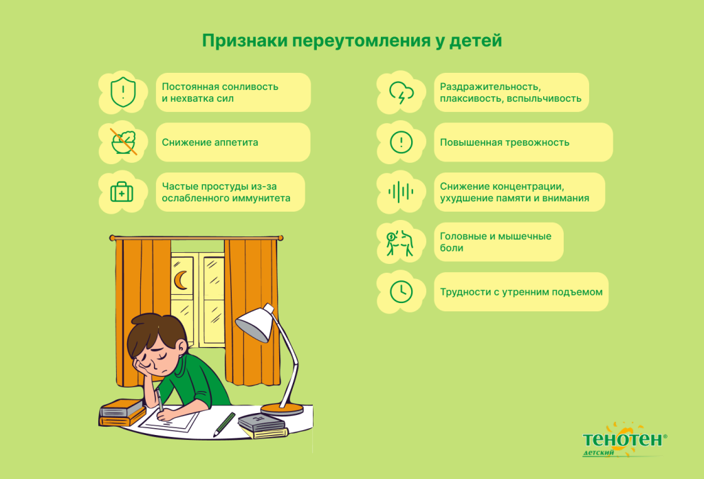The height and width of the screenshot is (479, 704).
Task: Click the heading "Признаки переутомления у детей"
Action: (x=351, y=40)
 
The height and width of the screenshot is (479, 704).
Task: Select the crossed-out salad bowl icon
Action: (x=123, y=142)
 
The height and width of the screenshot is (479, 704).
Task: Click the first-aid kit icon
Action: (x=122, y=192)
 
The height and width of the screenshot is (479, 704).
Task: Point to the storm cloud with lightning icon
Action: (x=401, y=93)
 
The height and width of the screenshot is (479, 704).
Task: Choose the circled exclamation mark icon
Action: (x=401, y=142)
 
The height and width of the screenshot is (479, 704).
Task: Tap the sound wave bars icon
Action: (x=401, y=192)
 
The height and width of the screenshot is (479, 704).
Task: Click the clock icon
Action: (x=401, y=291)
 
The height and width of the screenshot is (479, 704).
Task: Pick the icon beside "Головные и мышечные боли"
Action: (x=401, y=242)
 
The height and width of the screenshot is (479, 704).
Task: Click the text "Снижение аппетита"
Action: (x=210, y=142)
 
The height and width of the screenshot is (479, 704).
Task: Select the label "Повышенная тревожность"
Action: (x=504, y=142)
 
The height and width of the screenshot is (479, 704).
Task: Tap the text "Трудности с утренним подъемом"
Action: (x=520, y=291)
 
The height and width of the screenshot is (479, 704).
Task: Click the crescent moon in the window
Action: (x=181, y=280)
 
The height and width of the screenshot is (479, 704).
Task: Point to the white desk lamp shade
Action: (x=255, y=322)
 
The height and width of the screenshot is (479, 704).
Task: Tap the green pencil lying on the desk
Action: (x=224, y=424)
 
